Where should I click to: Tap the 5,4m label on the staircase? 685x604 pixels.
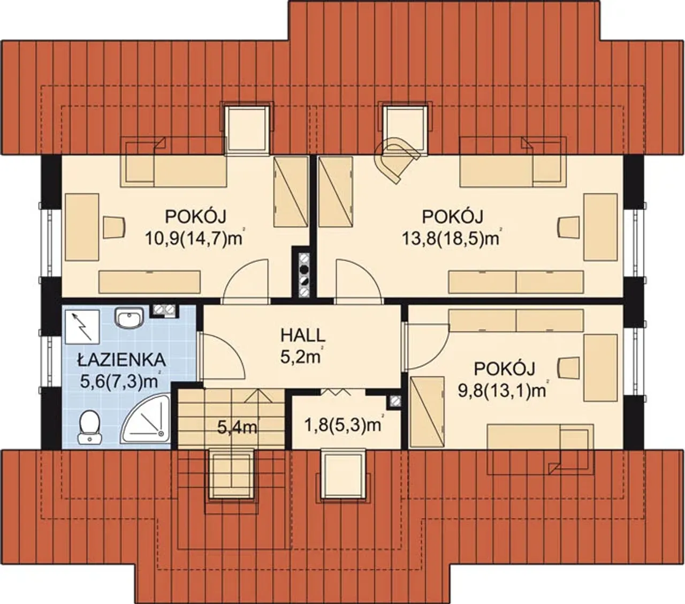(x=237, y=428)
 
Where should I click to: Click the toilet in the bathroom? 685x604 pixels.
(x=89, y=427)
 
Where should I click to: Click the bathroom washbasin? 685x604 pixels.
(x=130, y=317)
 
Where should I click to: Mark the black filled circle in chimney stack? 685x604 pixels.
(x=305, y=270)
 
